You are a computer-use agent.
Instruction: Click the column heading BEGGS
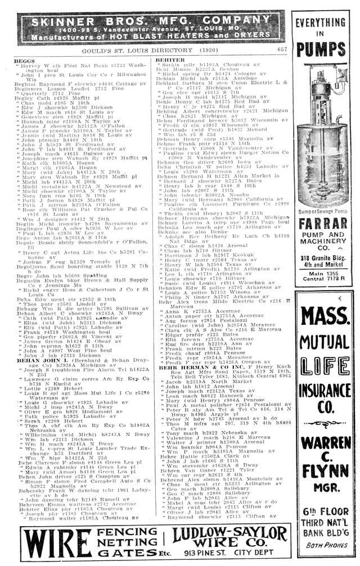pyautogui.click(x=24, y=60)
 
